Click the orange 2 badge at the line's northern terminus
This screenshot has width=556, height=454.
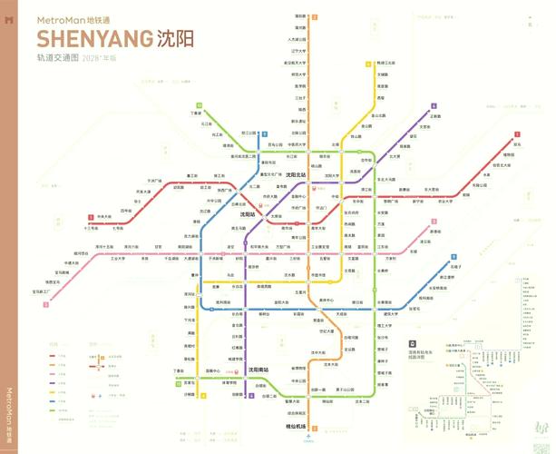[315, 16]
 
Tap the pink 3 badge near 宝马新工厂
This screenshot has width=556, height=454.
[45, 305]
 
